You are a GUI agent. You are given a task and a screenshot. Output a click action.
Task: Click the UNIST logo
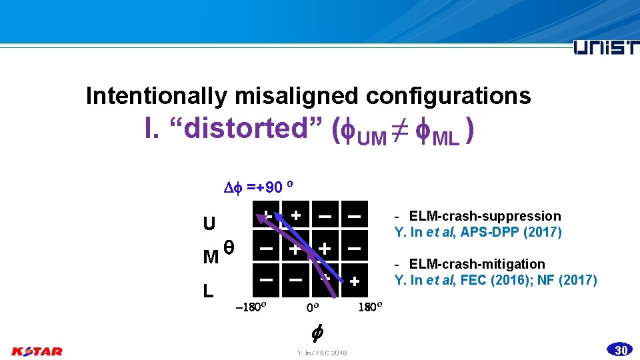(x=605, y=48)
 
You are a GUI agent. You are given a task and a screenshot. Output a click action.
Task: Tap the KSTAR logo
(x=37, y=351)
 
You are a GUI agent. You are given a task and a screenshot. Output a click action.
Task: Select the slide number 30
(x=621, y=350)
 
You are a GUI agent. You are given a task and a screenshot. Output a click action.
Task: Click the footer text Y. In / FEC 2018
(x=322, y=353)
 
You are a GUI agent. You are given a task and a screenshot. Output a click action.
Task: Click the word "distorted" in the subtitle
(x=253, y=129)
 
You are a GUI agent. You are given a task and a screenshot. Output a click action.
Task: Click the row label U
(x=209, y=223)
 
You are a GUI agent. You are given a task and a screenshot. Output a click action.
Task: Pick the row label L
(x=209, y=291)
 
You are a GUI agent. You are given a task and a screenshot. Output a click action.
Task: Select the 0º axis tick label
(x=313, y=308)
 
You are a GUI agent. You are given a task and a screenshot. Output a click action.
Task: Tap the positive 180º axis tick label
(x=370, y=307)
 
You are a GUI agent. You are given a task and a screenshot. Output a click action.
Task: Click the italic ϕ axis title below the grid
(x=318, y=331)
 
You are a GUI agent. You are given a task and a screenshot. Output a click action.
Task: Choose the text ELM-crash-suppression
(x=485, y=216)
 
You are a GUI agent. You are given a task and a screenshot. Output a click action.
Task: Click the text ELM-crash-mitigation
(x=477, y=264)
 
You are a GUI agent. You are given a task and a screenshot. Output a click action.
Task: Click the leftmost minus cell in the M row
(x=265, y=248)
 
